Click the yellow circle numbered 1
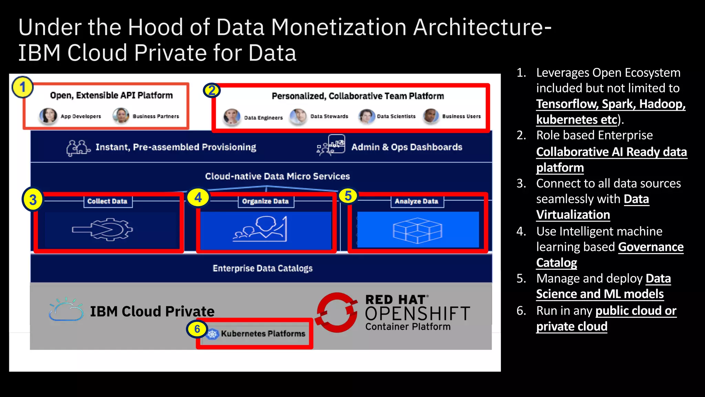point(23,87)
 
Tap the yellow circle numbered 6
point(197,329)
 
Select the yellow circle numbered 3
point(33,200)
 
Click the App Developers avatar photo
point(48,116)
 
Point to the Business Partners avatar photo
point(121,116)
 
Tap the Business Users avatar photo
point(431,116)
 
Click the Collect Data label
point(107,201)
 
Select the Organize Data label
point(265,201)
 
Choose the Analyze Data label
point(417,201)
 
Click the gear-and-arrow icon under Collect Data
point(102,230)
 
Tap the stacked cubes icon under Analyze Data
point(418,230)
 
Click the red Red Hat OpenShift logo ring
point(336,312)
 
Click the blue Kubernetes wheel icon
point(212,334)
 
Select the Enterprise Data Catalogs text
point(263,268)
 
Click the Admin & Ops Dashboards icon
point(331,145)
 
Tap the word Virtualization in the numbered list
point(573,215)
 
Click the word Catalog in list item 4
point(557,263)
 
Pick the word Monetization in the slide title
point(339,28)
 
